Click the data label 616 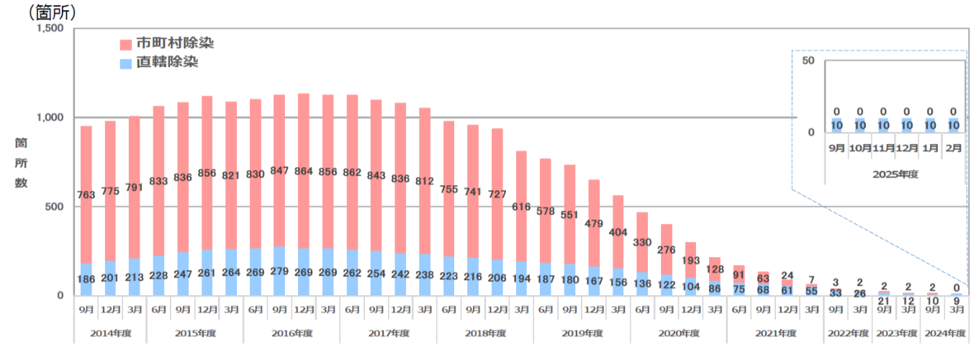coord(521,207)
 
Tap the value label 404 coord(618,233)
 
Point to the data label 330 coord(642,243)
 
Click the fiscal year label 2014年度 coord(110,333)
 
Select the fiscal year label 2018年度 coord(484,333)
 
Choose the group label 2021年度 coord(775,333)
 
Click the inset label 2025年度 coord(895,174)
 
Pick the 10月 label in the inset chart coord(860,148)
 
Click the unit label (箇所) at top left coord(52,12)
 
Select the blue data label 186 coord(86,278)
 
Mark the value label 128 coord(714,269)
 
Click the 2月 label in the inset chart coord(954,148)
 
